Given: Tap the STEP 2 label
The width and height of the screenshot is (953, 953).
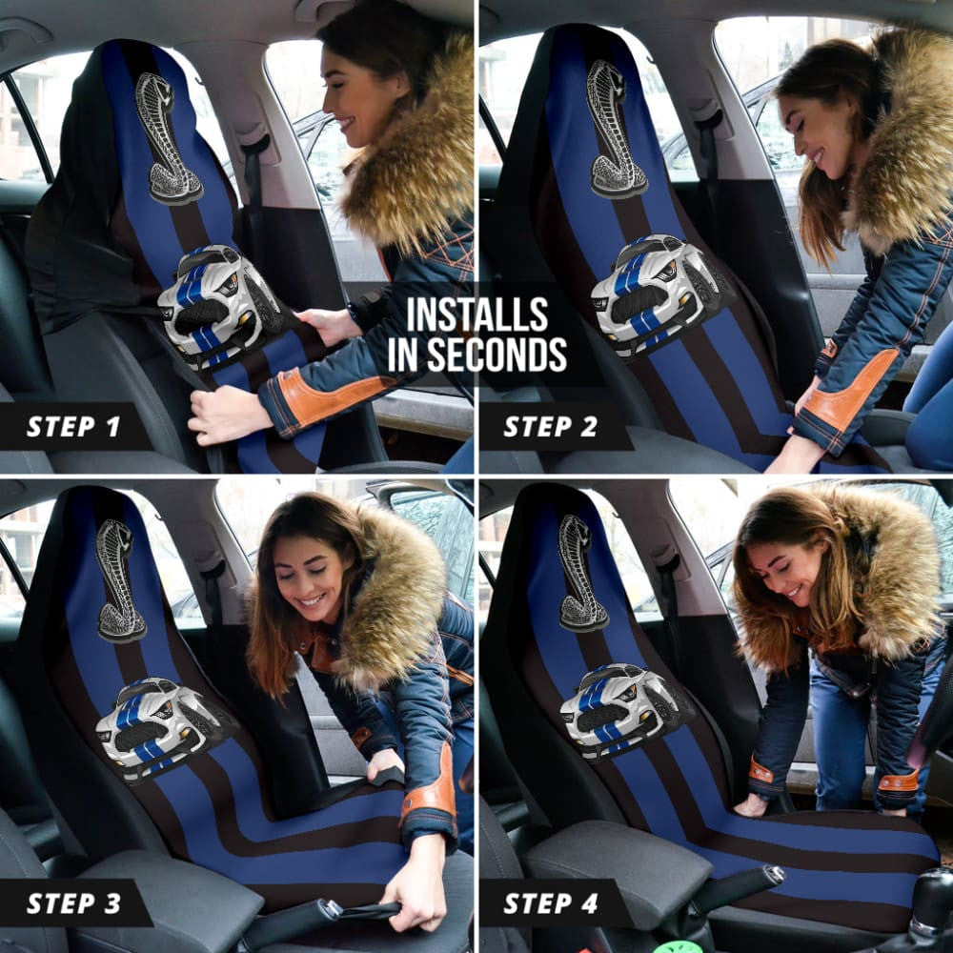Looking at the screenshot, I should click(550, 426).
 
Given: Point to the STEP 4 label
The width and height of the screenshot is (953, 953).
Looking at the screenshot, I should click(550, 902).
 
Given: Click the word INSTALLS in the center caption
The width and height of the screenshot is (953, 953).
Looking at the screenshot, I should click(476, 314).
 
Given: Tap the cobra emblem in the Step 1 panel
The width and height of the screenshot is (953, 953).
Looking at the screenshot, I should click(168, 138).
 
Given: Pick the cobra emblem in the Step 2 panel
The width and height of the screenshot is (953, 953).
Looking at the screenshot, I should click(615, 129).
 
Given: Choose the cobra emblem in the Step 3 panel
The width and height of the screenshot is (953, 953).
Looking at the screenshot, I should click(120, 581).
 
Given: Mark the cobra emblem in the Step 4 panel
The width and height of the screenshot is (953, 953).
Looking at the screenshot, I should click(581, 572).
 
